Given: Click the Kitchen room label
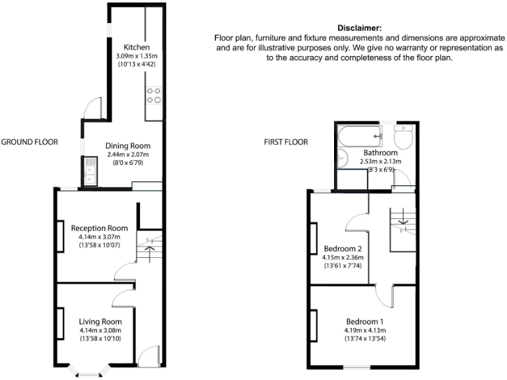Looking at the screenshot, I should pyautogui.click(x=137, y=47).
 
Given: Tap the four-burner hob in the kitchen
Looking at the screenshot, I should pyautogui.click(x=154, y=96).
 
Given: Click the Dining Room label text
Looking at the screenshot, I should pyautogui.click(x=129, y=146).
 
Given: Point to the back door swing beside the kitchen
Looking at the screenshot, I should pyautogui.click(x=93, y=108).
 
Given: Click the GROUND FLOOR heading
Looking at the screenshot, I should pyautogui.click(x=30, y=142).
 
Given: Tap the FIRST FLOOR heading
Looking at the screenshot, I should pyautogui.click(x=285, y=142).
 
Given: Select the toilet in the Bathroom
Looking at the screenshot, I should pyautogui.click(x=403, y=137).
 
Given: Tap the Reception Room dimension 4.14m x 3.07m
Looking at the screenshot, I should pyautogui.click(x=99, y=237).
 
